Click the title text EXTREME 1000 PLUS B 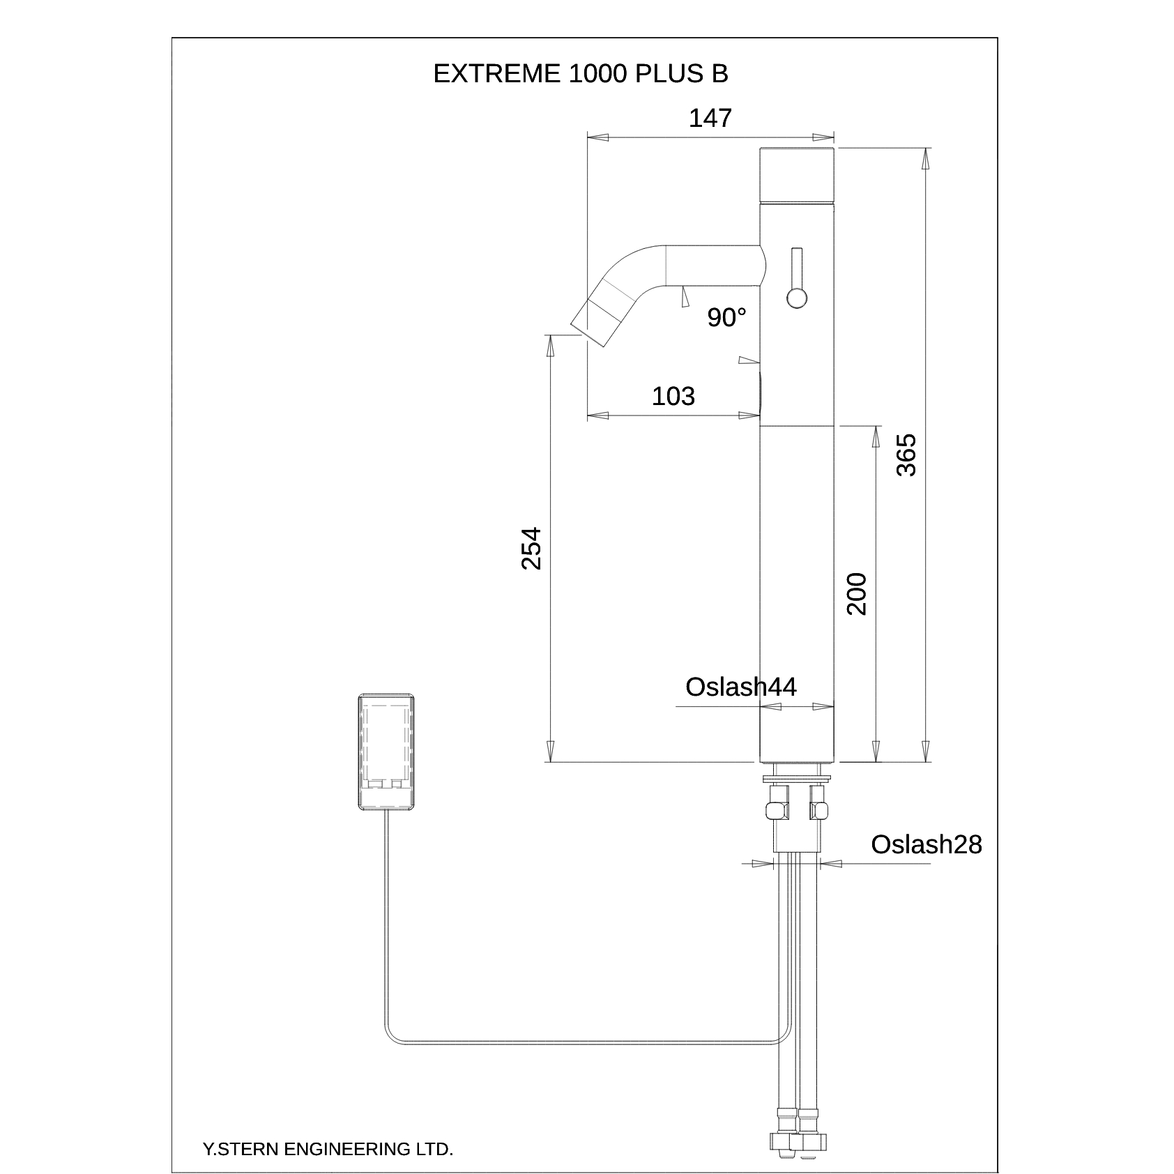click(x=580, y=74)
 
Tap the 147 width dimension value click(x=710, y=119)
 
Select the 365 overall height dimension click(x=906, y=455)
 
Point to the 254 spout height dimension click(x=531, y=548)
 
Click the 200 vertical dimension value click(x=857, y=593)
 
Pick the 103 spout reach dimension click(x=673, y=396)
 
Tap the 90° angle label click(x=726, y=318)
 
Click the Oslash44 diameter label click(x=740, y=687)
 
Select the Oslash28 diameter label click(x=926, y=844)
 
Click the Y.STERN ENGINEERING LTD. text click(x=328, y=1150)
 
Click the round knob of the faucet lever click(x=796, y=298)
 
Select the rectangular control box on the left click(x=387, y=752)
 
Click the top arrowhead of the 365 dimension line click(x=925, y=159)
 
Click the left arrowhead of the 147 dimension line click(x=598, y=137)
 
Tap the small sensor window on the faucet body click(x=761, y=394)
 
